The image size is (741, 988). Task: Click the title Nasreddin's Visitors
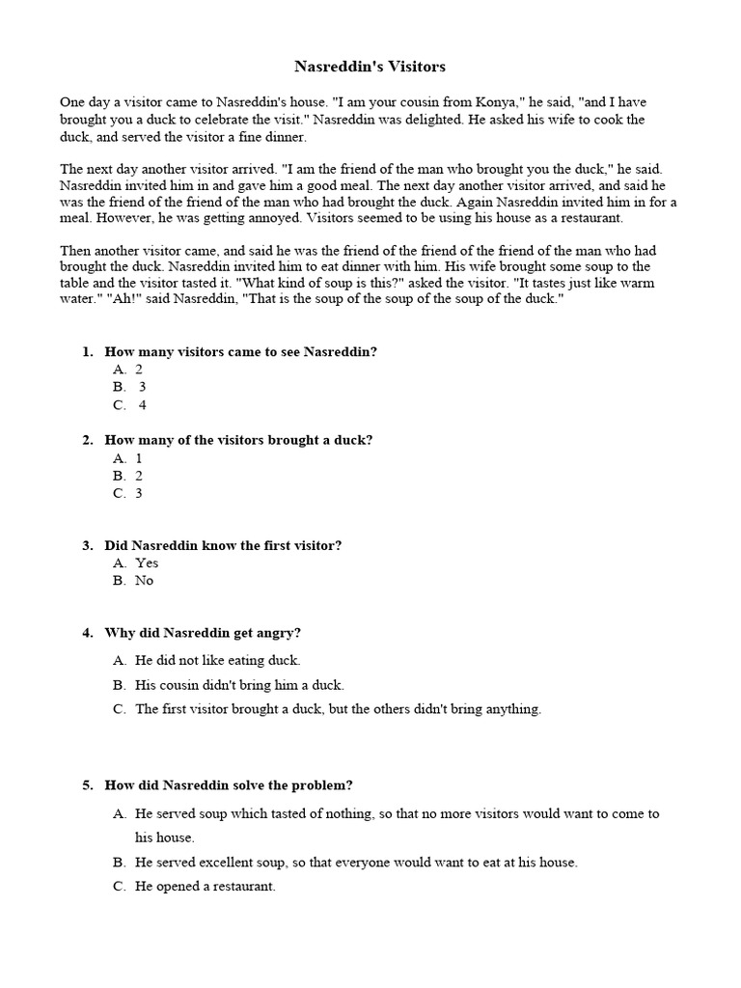pyautogui.click(x=370, y=67)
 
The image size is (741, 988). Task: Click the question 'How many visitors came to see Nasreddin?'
pyautogui.click(x=240, y=352)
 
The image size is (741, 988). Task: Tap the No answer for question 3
pyautogui.click(x=144, y=581)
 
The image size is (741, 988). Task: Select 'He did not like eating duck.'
pyautogui.click(x=218, y=661)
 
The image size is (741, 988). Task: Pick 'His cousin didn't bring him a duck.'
pyautogui.click(x=239, y=685)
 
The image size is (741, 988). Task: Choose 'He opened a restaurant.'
pyautogui.click(x=206, y=886)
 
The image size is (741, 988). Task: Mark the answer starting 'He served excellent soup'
pyautogui.click(x=356, y=862)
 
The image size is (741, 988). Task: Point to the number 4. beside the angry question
pyautogui.click(x=88, y=633)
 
